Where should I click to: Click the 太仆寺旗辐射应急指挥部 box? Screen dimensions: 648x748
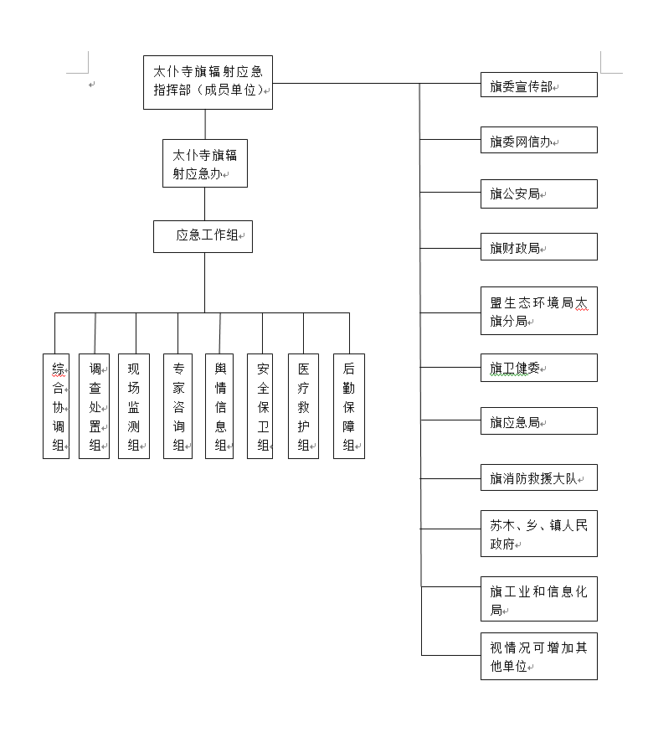click(208, 83)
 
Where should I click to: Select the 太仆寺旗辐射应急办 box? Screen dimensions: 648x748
click(205, 163)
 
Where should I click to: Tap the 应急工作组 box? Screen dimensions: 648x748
click(203, 236)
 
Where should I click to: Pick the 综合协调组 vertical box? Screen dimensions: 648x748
click(56, 406)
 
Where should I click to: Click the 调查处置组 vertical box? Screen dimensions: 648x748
click(95, 406)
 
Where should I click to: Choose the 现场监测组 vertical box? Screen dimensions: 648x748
click(134, 406)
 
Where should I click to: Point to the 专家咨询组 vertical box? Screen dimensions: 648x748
click(177, 406)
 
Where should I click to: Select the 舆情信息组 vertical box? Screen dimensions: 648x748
click(219, 406)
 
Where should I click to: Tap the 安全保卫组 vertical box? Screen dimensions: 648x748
click(260, 406)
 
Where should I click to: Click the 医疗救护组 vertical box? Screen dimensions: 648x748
click(303, 406)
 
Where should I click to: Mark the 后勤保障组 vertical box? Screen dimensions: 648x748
click(349, 406)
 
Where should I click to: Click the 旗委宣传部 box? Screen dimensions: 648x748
click(539, 85)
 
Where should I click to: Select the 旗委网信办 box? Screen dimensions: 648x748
click(539, 140)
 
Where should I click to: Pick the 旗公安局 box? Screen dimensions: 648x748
click(539, 193)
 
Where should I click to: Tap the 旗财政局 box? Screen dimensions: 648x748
click(539, 246)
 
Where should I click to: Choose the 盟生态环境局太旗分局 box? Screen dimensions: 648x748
click(539, 311)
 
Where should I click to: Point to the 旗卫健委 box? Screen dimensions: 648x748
click(539, 368)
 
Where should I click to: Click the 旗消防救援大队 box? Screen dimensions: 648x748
click(539, 477)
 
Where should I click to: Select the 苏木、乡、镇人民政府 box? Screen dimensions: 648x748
click(539, 534)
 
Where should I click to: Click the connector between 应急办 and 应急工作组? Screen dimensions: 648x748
click(205, 204)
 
